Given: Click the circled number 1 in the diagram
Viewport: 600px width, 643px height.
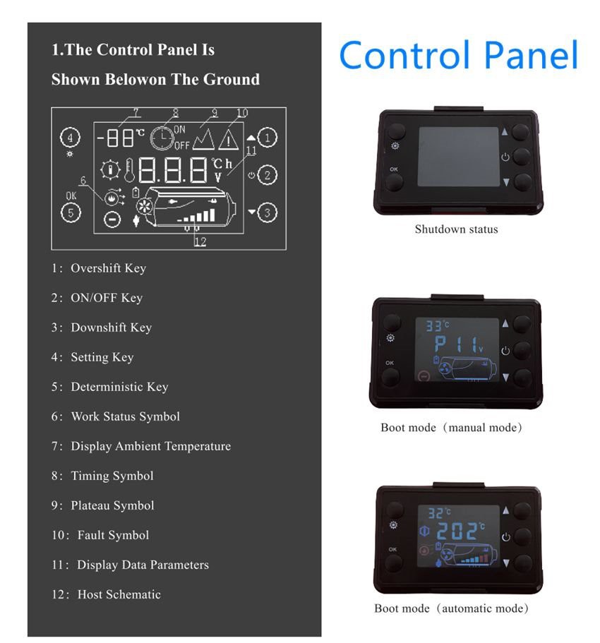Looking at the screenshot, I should coord(267,138).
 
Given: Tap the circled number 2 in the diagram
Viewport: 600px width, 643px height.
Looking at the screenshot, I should coord(267,175).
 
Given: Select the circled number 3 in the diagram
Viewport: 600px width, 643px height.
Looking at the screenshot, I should coord(267,212).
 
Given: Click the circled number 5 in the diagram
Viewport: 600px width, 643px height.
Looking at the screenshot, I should coord(71,211).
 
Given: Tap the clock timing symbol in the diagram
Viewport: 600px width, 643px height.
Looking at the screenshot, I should coord(162,138).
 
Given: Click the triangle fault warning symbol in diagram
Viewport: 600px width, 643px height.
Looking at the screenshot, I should coord(229,140).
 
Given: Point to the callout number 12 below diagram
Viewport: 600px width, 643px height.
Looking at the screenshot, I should coord(200,241).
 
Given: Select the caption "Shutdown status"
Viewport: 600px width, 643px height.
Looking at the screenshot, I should coord(456,229).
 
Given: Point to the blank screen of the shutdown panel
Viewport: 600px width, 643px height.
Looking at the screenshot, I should coord(458,157).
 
